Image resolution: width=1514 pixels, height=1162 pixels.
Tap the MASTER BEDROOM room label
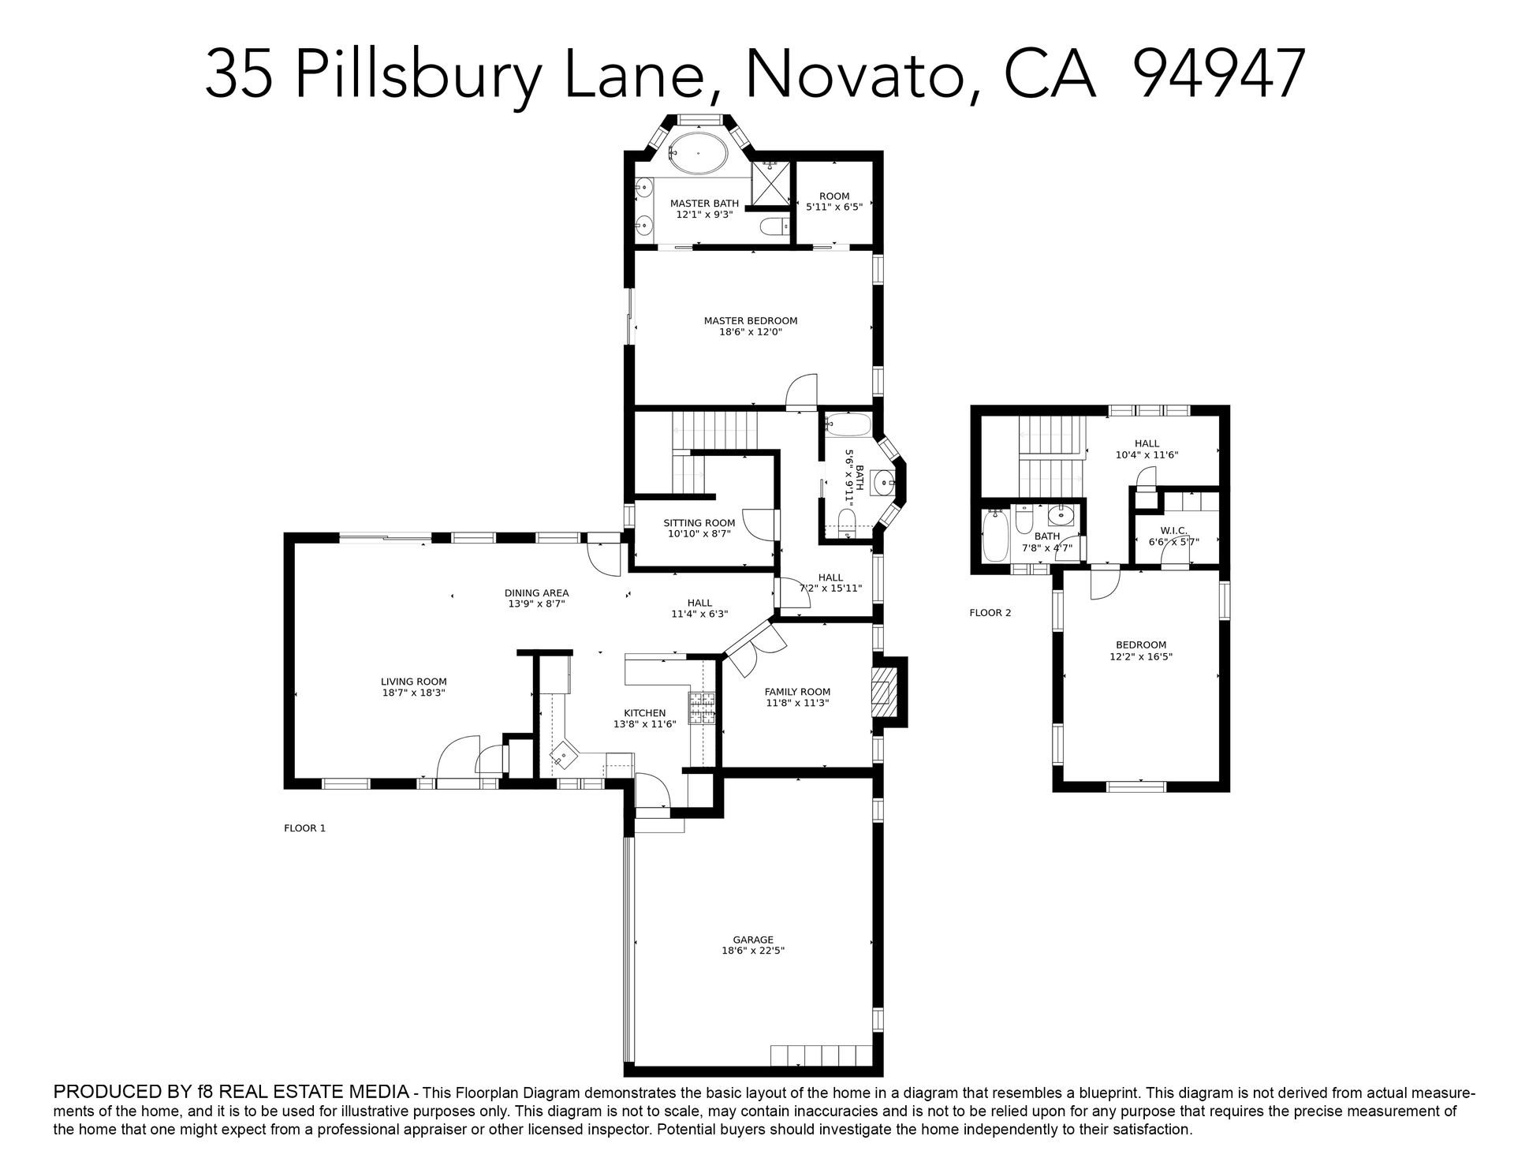point(751,321)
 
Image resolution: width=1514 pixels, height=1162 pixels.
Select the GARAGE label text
point(753,940)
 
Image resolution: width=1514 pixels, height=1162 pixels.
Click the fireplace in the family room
point(884,691)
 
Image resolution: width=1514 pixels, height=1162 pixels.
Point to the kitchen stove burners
point(702,708)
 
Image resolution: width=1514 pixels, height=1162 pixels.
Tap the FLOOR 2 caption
point(990,613)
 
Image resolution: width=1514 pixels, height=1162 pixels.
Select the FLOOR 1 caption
point(304,828)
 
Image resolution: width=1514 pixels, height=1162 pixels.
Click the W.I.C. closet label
point(1173,530)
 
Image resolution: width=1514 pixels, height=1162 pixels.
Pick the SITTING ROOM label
point(699,523)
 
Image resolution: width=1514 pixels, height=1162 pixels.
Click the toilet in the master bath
point(774,227)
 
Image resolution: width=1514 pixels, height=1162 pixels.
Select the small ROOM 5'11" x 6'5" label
point(834,201)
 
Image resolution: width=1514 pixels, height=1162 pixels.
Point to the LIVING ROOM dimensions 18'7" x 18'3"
point(414,693)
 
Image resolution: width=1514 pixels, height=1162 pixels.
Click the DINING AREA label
point(536,593)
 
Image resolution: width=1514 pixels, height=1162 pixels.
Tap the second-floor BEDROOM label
point(1141,645)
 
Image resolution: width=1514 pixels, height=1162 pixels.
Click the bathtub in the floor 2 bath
point(995,536)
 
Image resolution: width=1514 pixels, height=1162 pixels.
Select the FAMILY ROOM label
point(797,693)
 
